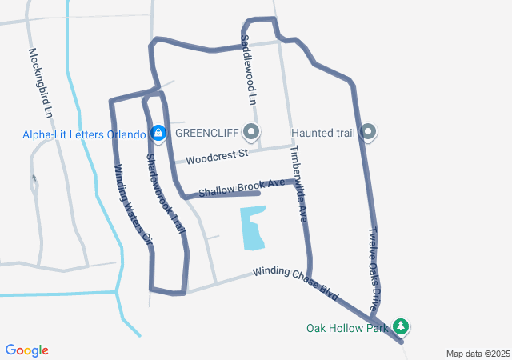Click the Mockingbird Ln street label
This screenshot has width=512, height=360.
(40, 82)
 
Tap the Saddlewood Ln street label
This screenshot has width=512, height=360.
(248, 70)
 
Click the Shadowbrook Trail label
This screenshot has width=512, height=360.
(166, 194)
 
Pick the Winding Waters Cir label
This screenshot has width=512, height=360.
(133, 203)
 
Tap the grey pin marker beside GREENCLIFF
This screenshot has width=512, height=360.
(252, 131)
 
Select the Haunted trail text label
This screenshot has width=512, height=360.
(322, 132)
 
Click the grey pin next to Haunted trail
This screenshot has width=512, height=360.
(369, 131)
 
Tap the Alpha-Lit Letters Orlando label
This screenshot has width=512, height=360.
(84, 134)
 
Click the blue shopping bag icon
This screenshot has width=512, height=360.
(158, 132)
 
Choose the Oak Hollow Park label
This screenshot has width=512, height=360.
(346, 327)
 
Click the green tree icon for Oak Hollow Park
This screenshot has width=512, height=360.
(401, 326)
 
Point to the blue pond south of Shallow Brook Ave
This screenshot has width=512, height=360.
(251, 228)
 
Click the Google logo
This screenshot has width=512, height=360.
(27, 350)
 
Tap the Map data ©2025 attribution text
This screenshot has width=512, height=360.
(477, 354)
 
